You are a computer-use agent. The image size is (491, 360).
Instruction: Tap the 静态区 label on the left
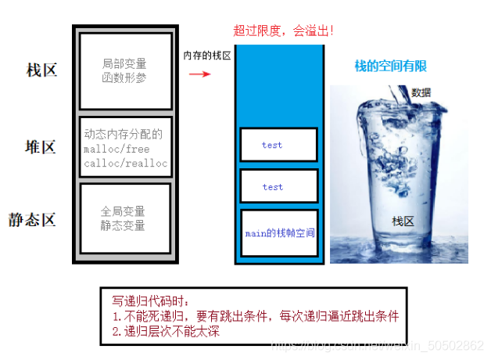pos(33,219)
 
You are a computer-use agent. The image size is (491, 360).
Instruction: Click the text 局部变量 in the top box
pos(124,63)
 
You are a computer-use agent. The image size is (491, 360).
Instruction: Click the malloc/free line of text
pos(116,149)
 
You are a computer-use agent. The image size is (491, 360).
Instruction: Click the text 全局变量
pos(123,212)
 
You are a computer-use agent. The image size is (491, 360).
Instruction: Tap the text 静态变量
pos(123,226)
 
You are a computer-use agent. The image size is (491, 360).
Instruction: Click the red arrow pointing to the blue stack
pos(200,74)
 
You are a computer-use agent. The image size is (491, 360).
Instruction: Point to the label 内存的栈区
pos(207,56)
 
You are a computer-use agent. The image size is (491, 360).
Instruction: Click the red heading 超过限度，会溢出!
pos(284,31)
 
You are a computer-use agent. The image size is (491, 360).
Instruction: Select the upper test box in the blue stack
pos(278,145)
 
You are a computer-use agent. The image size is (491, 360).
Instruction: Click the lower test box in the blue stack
pos(278,187)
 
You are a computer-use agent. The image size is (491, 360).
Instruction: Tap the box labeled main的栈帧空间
pos(279,232)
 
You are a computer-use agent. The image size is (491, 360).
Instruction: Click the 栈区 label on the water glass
pos(403,221)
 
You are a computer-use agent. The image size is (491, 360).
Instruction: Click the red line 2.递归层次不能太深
pos(165,331)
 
